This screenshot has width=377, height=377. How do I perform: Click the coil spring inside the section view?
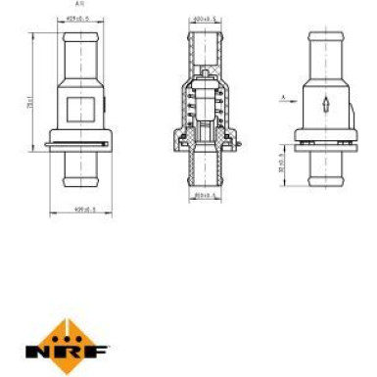tap(219, 108)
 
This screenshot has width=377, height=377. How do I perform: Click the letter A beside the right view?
tap(281, 97)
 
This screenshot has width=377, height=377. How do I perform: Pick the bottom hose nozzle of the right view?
tap(325, 176)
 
